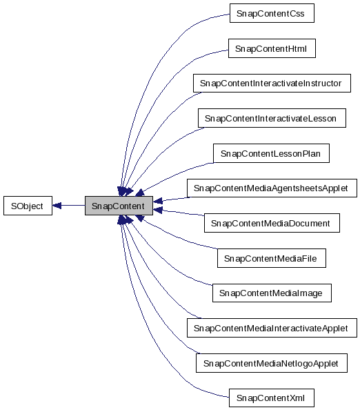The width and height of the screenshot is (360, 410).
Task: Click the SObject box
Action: coord(27,206)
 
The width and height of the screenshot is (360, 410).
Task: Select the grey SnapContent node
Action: coord(118,206)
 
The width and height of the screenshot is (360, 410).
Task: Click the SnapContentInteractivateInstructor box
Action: coord(270,84)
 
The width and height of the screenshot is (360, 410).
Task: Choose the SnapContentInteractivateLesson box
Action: coord(270,119)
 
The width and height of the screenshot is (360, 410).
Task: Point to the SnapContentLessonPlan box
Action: coord(270,153)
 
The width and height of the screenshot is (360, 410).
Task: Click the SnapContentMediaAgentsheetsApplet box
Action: coord(272,188)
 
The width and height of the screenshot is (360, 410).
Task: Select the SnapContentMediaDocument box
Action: coord(270,223)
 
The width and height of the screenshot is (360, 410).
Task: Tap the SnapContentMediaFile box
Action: coord(270,258)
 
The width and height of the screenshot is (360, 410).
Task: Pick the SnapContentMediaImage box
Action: coord(270,293)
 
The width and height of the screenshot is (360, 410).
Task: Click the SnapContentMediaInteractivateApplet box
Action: coord(272,328)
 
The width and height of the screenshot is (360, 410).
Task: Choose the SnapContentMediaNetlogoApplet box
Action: coord(270,363)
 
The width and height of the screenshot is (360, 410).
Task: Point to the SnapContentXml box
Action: coord(270,398)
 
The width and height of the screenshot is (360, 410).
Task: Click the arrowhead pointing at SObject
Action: coord(58,206)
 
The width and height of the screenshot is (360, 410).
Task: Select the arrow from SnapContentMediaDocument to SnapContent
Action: coord(179,213)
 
